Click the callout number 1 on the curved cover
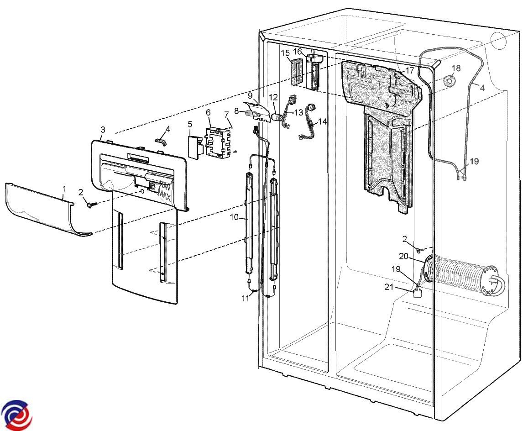click(x=64, y=188)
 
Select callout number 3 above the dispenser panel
click(x=103, y=130)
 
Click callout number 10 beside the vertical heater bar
click(x=234, y=217)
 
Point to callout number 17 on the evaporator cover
click(x=409, y=71)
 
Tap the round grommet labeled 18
click(x=450, y=81)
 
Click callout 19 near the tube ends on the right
click(x=474, y=161)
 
